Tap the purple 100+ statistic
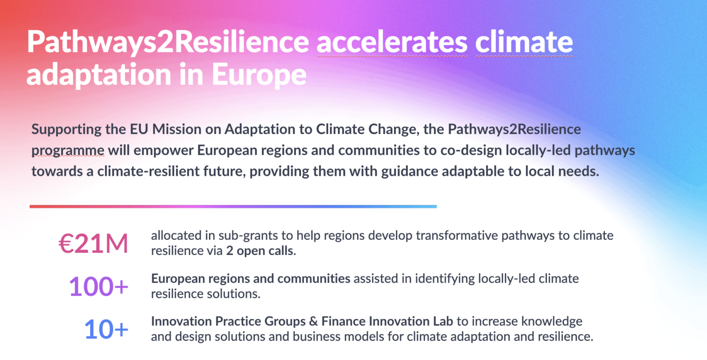(99, 287)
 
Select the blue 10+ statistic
(106, 330)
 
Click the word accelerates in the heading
(392, 43)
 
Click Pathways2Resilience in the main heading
(168, 43)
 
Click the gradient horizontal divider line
(233, 206)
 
